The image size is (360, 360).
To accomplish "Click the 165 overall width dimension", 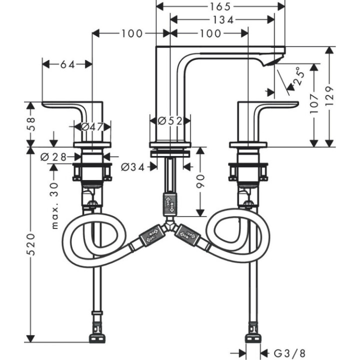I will pyautogui.click(x=220, y=6).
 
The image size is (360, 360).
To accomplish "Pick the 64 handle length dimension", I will pyautogui.click(x=67, y=64).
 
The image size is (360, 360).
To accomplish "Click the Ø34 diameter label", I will pyautogui.click(x=132, y=167).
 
